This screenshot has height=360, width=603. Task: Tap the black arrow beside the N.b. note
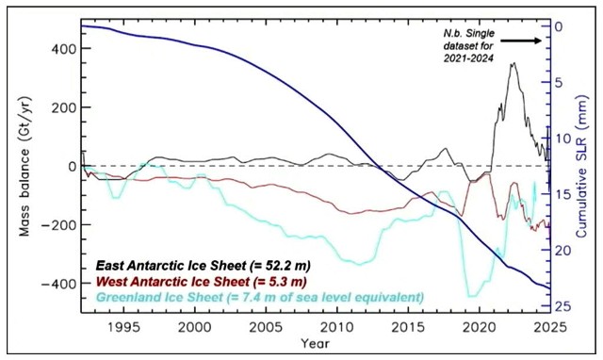point(521,41)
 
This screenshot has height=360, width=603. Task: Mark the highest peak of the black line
point(513,64)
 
